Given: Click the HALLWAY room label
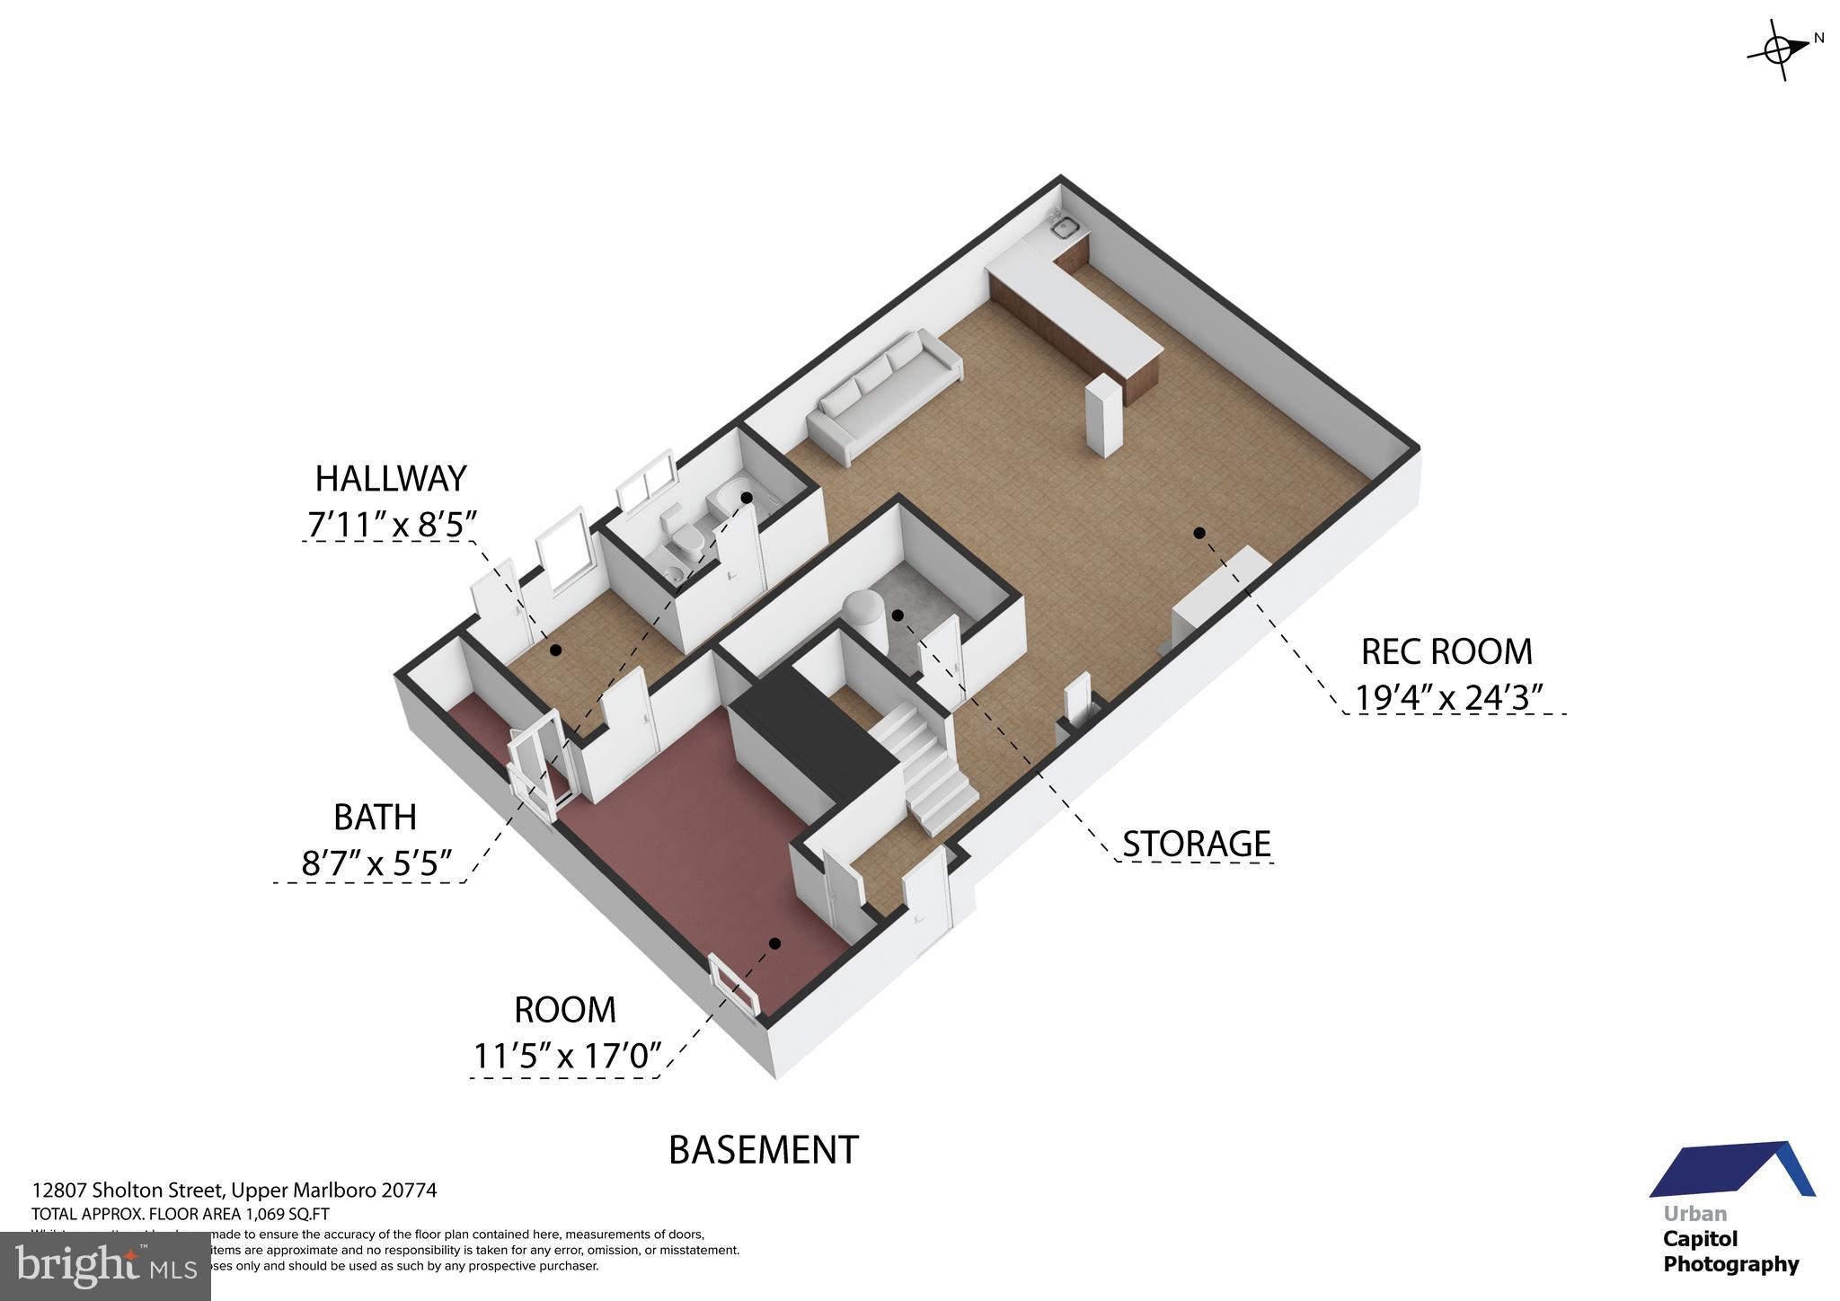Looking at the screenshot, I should tap(391, 479).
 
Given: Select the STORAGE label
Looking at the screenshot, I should tap(1197, 844).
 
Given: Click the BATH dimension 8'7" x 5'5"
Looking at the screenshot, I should tap(376, 863).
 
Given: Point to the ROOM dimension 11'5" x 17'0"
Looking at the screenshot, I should tap(567, 1056).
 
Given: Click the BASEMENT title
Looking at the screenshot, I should tap(764, 1150).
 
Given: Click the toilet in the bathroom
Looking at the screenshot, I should tap(687, 539).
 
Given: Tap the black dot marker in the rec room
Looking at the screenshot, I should tap(1199, 533).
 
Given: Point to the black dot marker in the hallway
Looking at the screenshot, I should tap(555, 650).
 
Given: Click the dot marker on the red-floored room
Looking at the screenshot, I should tap(774, 943).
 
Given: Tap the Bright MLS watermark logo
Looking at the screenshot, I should tap(106, 1267).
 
